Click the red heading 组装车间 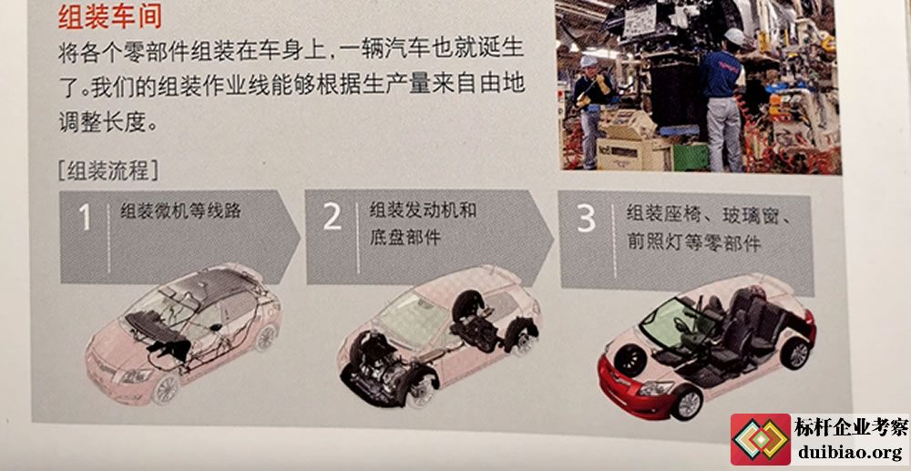coord(110,17)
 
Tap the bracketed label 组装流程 coord(107,170)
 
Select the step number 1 coord(85,217)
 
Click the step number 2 coord(332,216)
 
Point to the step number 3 coord(586,218)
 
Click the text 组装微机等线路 coord(180,210)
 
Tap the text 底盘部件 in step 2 coord(405,237)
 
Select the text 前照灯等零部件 coord(693,242)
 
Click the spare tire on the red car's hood coord(630,360)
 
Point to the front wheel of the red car coord(687,403)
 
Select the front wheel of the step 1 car coord(165,389)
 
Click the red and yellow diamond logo coord(761,439)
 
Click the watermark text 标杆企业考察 coord(851,428)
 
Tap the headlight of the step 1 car coord(136,375)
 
